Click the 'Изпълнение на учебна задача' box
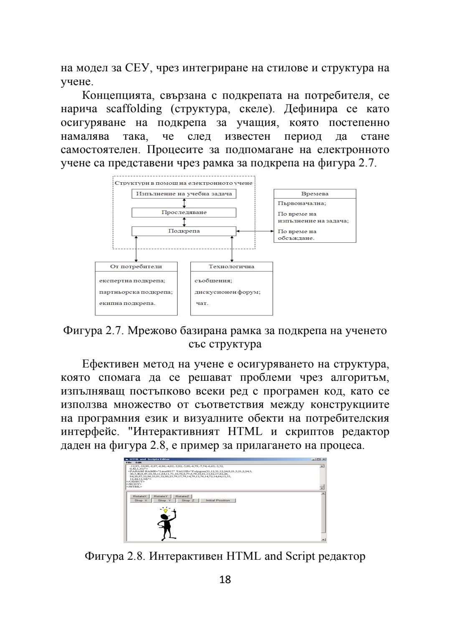(x=184, y=194)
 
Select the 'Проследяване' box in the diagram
(x=184, y=212)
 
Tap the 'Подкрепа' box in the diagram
(x=184, y=231)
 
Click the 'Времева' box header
(x=314, y=194)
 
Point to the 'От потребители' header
(x=136, y=267)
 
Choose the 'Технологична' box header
(x=231, y=267)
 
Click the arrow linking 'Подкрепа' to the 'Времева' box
(x=255, y=231)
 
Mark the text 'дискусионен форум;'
(x=228, y=292)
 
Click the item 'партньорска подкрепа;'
(x=136, y=292)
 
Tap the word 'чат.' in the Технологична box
(x=202, y=303)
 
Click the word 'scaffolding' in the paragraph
(x=134, y=109)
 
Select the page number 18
(x=225, y=579)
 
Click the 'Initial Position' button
(x=218, y=501)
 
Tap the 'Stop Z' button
(x=187, y=501)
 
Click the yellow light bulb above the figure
(x=165, y=511)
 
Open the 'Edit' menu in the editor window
(x=139, y=463)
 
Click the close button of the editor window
(x=324, y=459)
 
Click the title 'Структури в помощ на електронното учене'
(x=184, y=183)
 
